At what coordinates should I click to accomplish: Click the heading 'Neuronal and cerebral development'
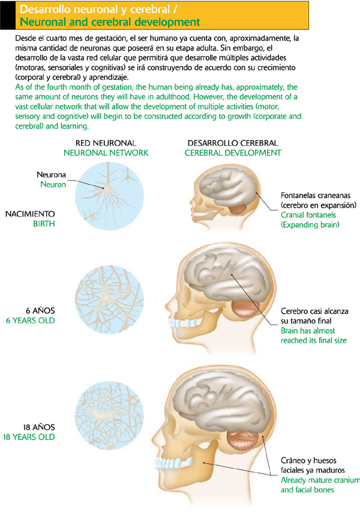click(110, 22)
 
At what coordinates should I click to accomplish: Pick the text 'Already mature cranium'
click(320, 480)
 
